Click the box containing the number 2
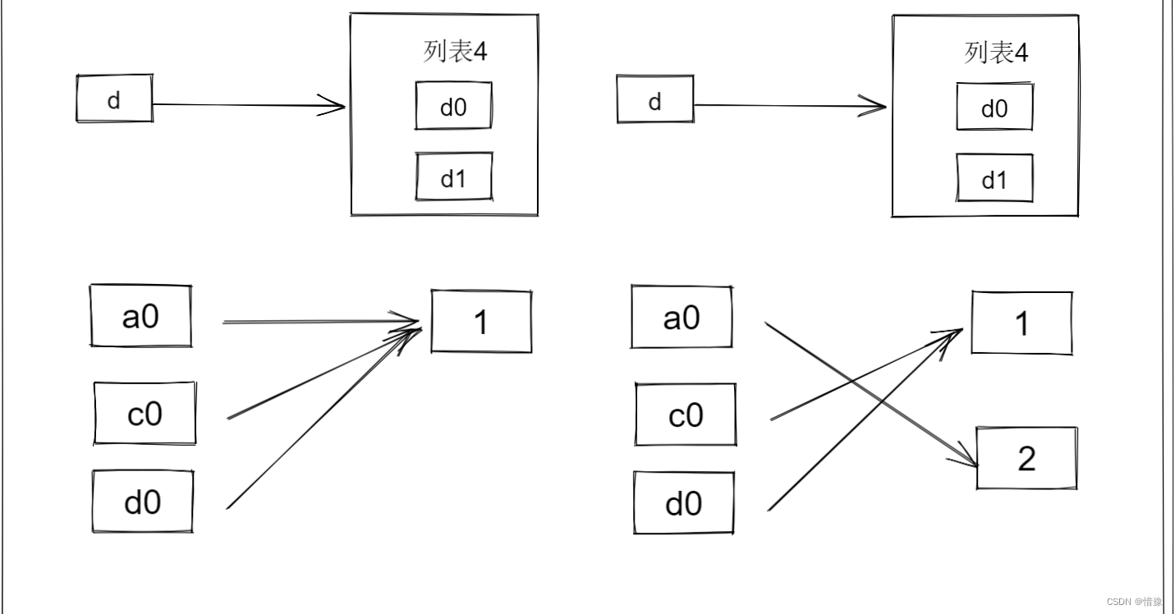[x=1026, y=459]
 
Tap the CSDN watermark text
[x=1134, y=602]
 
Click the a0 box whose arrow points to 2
[x=682, y=317]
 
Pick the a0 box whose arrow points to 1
[x=140, y=316]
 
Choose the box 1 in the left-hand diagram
[x=481, y=322]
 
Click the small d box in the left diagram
[x=114, y=99]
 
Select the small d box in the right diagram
[x=654, y=102]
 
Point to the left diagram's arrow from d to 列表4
[x=246, y=105]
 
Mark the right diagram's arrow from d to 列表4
[x=788, y=105]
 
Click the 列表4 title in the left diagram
[x=455, y=52]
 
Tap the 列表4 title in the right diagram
[x=995, y=53]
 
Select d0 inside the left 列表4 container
[x=453, y=107]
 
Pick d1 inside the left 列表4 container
[x=453, y=177]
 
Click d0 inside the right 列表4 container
[x=994, y=108]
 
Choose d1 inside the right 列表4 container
[x=994, y=179]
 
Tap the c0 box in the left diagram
[x=145, y=414]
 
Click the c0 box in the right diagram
[x=686, y=415]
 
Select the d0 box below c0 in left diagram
[x=143, y=502]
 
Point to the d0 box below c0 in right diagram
[x=683, y=503]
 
